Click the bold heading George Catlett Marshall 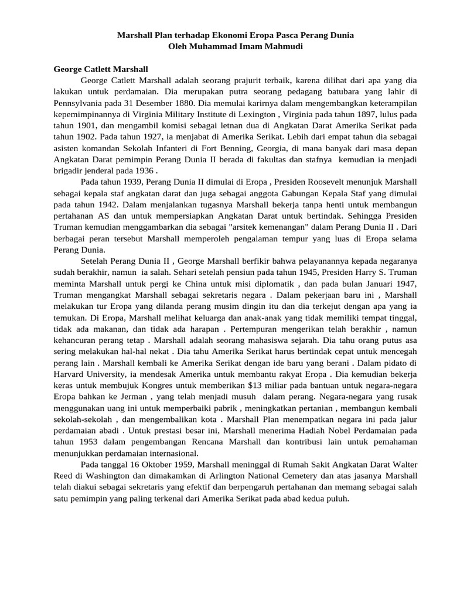pos(101,69)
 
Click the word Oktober pos(148,465)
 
